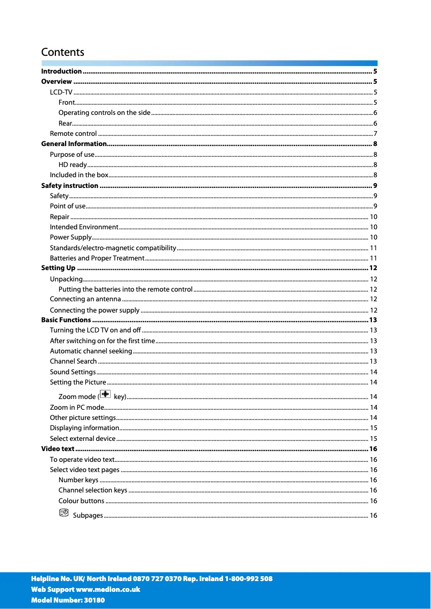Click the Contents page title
tap(63, 52)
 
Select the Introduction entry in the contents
tap(61, 71)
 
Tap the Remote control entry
tap(73, 133)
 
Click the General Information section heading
tap(74, 144)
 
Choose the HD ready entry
tap(73, 165)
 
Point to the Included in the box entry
tap(79, 175)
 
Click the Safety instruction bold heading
tap(70, 186)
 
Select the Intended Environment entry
tap(84, 227)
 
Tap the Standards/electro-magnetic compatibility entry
tap(113, 248)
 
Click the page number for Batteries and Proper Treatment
tap(373, 258)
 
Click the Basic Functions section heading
tap(66, 320)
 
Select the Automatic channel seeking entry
tap(91, 351)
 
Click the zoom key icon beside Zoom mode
tap(105, 395)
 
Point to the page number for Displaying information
tap(373, 428)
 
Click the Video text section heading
tap(58, 449)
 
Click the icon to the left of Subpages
tap(64, 513)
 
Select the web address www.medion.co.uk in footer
tap(108, 589)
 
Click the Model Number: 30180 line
tap(68, 600)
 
